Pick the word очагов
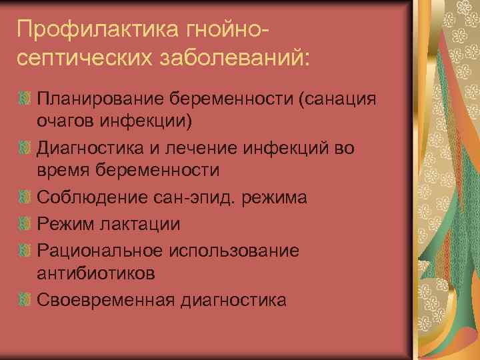click(x=67, y=121)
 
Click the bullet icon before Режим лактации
click(x=25, y=223)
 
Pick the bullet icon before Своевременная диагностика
click(x=25, y=300)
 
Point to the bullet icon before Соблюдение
click(x=25, y=198)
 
